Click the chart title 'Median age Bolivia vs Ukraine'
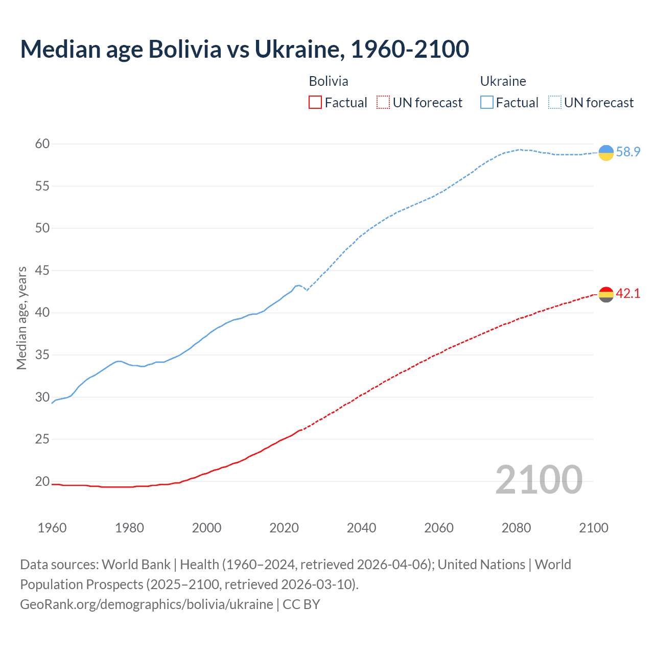tap(244, 50)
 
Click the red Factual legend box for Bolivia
tap(315, 103)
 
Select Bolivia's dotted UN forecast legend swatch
tap(383, 103)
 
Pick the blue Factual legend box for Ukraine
tap(486, 103)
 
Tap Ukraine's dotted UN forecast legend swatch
tap(554, 103)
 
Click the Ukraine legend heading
tap(503, 81)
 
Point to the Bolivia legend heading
tap(329, 81)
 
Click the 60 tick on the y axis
tap(42, 144)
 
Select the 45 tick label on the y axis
tap(42, 270)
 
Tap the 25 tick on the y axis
tap(42, 439)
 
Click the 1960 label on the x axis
tap(52, 528)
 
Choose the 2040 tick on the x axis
tap(361, 528)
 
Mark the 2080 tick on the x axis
tap(516, 528)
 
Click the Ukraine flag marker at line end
tap(605, 152)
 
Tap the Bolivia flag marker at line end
tap(605, 294)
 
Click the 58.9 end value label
tap(628, 152)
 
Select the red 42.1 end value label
tap(628, 294)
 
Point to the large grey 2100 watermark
tap(539, 480)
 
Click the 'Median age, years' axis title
tap(21, 318)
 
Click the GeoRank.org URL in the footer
tap(147, 604)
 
